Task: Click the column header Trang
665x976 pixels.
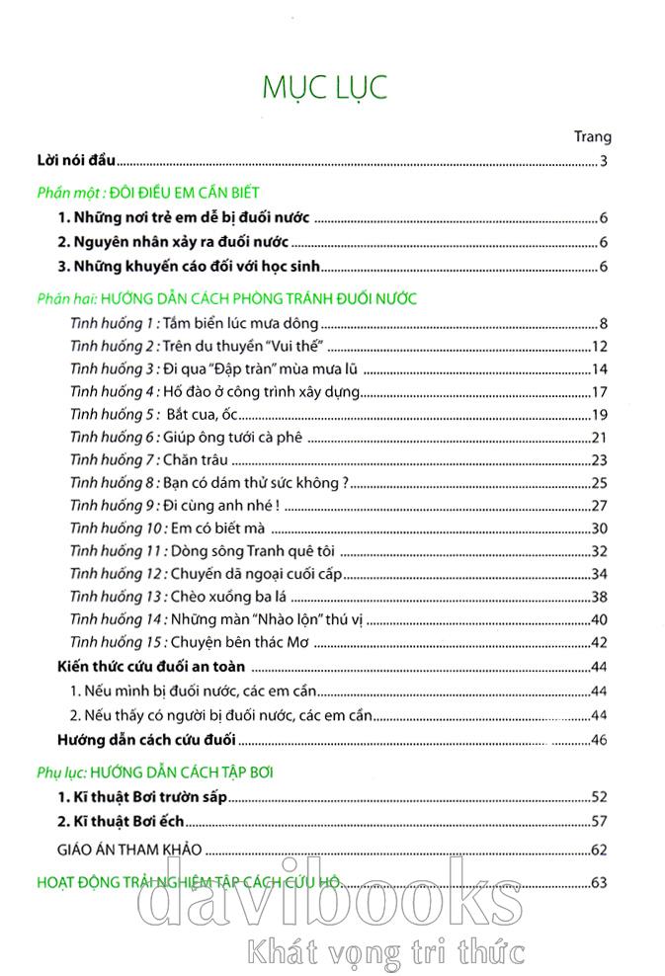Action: tap(592, 136)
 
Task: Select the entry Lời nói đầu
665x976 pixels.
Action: tap(71, 159)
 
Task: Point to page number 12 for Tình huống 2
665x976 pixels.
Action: tap(599, 346)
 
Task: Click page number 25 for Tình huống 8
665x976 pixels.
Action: tap(599, 482)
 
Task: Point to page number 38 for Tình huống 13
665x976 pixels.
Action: tap(599, 597)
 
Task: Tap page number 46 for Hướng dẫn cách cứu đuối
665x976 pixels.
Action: tap(599, 739)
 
